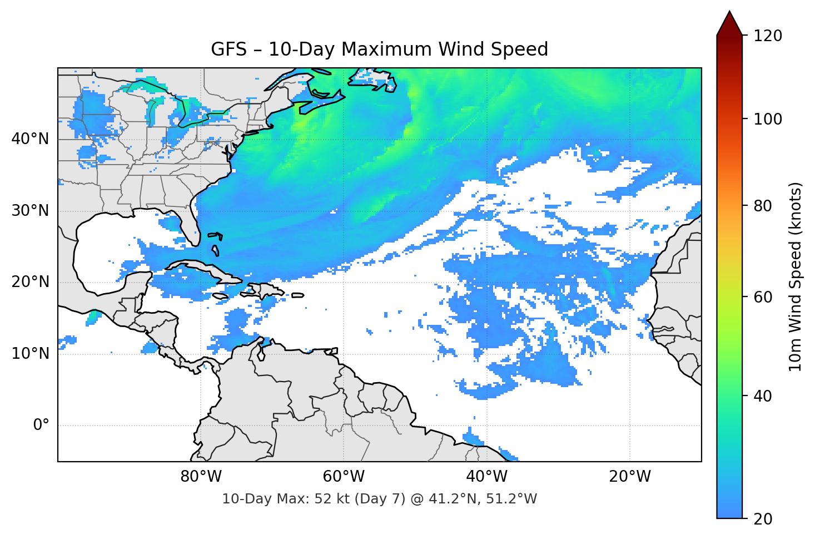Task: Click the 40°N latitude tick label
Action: click(x=30, y=139)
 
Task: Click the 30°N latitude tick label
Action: click(x=30, y=211)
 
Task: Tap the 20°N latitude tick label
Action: click(x=30, y=282)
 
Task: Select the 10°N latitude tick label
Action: click(x=30, y=354)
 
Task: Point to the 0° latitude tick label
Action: click(x=41, y=426)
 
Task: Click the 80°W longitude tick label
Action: click(x=201, y=477)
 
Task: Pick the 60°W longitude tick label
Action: click(x=344, y=477)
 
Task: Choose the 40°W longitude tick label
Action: click(x=487, y=477)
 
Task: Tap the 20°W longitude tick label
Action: click(x=630, y=477)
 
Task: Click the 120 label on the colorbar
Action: click(x=768, y=36)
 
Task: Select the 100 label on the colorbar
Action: click(x=768, y=119)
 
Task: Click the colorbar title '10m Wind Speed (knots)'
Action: click(x=796, y=277)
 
